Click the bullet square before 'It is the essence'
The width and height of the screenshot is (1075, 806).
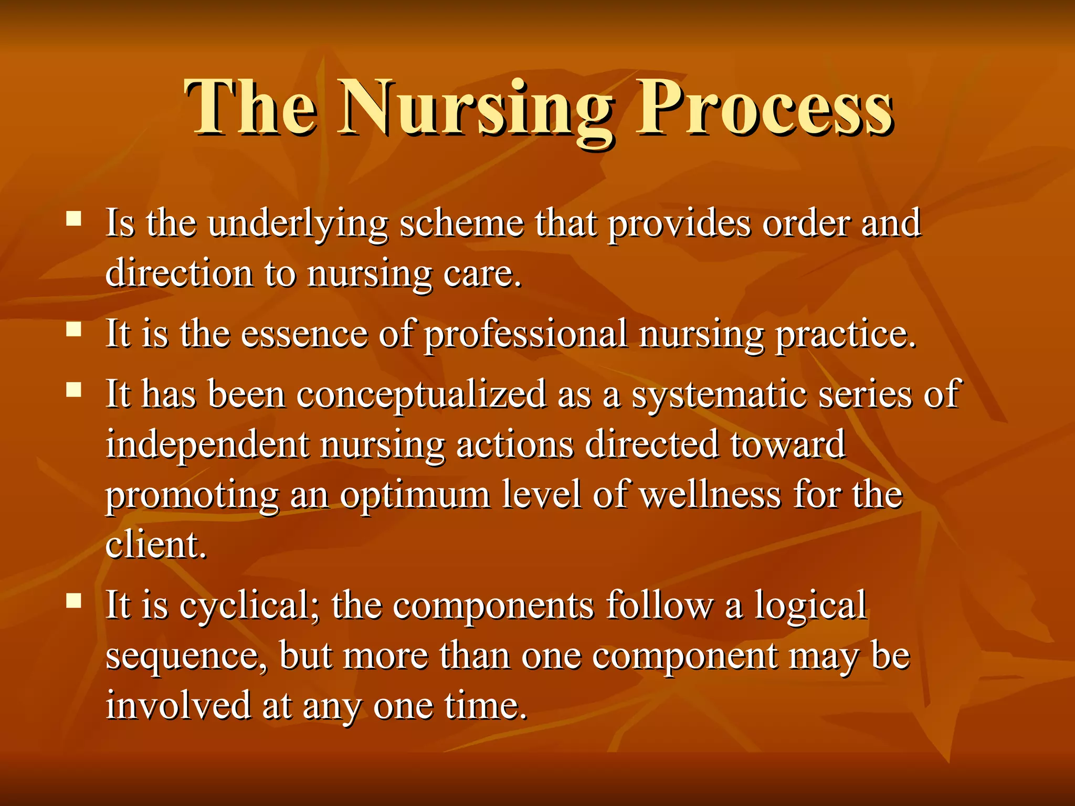pyautogui.click(x=74, y=330)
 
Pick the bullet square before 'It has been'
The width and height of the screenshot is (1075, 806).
pyautogui.click(x=74, y=389)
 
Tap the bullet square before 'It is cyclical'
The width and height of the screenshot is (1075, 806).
pyautogui.click(x=74, y=600)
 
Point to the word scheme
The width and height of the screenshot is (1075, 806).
pyautogui.click(x=461, y=224)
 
